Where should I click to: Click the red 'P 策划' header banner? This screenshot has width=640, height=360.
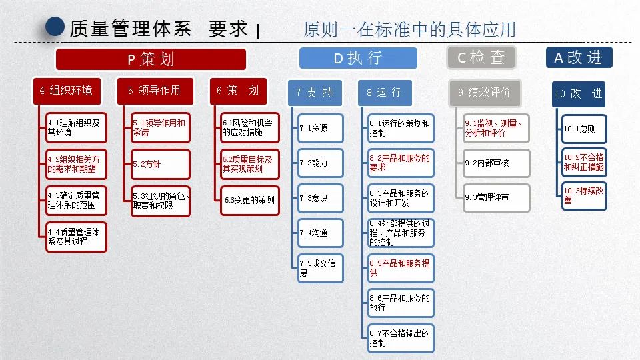point(151,59)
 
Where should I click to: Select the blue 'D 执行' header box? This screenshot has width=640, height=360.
point(357,58)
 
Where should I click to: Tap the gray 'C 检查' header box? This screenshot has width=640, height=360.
point(481,57)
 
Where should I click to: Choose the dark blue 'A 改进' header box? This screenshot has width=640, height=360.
point(578,57)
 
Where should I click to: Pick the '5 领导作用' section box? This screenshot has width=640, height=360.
point(154,91)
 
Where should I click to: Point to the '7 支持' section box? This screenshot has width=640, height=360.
point(315,93)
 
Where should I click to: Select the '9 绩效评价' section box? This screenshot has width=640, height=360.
point(485,93)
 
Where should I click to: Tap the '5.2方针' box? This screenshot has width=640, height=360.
point(161,164)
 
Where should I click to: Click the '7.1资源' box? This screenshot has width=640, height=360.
point(321,128)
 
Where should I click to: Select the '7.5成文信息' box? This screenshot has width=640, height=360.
point(321,268)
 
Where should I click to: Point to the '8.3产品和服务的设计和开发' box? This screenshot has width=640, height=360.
point(401,198)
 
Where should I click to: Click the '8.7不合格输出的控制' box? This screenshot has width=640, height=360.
point(401,338)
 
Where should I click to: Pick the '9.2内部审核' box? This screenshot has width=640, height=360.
point(497,163)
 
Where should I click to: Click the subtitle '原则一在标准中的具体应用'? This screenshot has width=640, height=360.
point(409,30)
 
